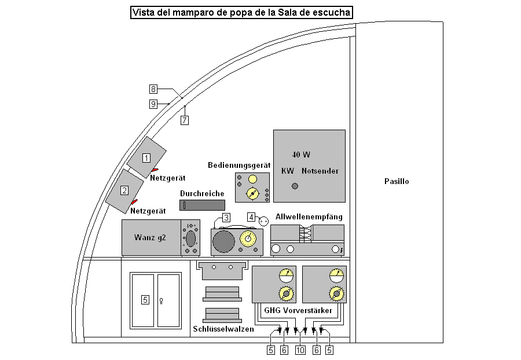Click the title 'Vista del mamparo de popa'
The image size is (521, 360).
(241, 12)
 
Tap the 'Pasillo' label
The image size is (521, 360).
(397, 181)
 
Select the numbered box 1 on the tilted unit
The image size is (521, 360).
(146, 157)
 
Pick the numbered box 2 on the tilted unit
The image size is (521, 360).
(124, 189)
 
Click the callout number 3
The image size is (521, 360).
(226, 217)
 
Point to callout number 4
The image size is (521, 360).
(251, 217)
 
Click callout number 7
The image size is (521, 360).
(185, 120)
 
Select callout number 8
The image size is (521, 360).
(153, 89)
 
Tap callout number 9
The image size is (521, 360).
(153, 104)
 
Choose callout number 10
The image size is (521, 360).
(300, 350)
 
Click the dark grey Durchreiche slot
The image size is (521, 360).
(202, 205)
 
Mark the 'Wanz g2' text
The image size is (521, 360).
(150, 237)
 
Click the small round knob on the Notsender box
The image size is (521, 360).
(295, 186)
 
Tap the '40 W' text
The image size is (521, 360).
(301, 155)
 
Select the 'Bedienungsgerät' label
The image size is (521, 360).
(239, 166)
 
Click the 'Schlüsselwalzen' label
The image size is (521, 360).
(223, 329)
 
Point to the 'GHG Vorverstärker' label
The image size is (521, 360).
(298, 311)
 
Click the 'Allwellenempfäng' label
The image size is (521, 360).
(309, 216)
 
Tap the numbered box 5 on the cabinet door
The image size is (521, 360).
(145, 300)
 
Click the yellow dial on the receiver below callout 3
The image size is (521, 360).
(248, 238)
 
